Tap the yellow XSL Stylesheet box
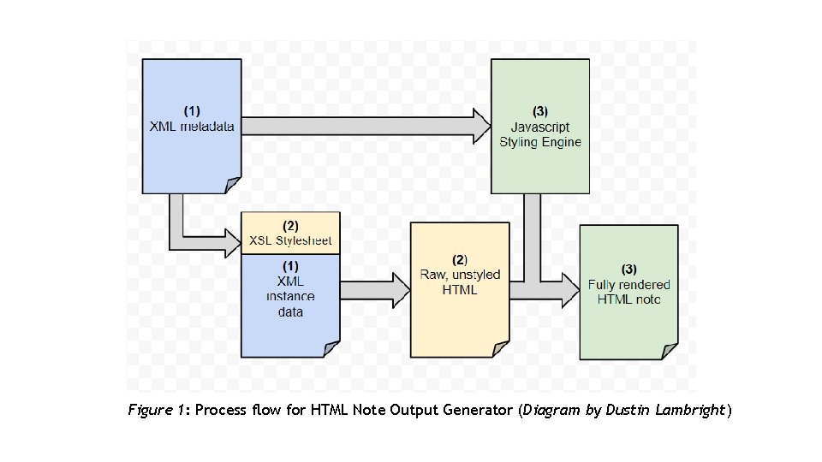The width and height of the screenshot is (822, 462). (x=290, y=233)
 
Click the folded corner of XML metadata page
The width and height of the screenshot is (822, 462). (x=233, y=185)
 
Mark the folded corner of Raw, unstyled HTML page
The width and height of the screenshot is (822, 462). (x=500, y=348)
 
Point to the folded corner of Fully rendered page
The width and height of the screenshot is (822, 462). (x=670, y=351)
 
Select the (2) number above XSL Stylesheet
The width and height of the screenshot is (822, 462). (x=290, y=226)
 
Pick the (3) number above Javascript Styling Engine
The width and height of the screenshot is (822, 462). (x=539, y=111)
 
